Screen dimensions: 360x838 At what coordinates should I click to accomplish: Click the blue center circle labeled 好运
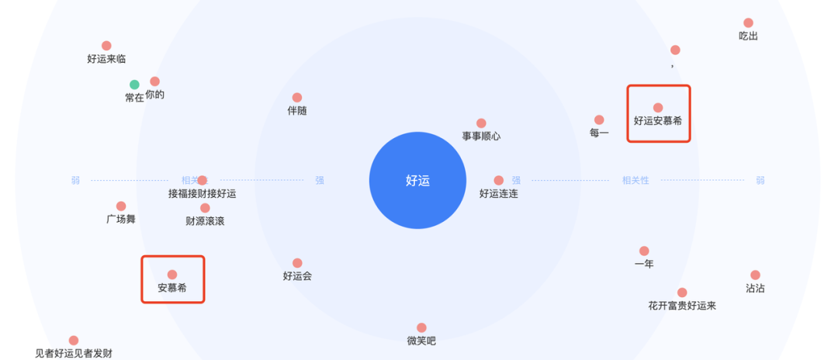coord(417,181)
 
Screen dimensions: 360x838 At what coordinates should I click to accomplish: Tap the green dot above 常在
coord(134,85)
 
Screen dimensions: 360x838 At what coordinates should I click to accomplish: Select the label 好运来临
coord(106,59)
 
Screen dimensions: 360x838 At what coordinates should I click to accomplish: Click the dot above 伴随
coord(297,98)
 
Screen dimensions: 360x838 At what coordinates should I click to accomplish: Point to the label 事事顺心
coord(481,137)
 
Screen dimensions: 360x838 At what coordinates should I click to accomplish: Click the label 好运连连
coord(498,194)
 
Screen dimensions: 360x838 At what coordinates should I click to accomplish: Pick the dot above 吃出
coord(748,23)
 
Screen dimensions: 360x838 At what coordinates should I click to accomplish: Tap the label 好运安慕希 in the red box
coord(658,121)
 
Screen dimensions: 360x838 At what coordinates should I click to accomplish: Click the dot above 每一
coord(599,120)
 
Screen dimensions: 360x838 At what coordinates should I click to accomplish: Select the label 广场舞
coord(121,220)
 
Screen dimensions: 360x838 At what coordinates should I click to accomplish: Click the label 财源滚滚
coord(205,221)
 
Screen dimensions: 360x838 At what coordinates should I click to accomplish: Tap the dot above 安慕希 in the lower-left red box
coord(172,275)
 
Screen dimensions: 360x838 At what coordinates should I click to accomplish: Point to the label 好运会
coord(297,276)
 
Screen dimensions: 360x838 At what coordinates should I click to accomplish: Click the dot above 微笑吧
coord(421,328)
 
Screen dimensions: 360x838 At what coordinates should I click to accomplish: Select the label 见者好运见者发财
coord(74,354)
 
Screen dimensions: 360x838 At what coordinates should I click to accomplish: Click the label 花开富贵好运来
coord(682,306)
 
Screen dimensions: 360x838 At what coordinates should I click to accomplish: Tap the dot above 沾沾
coord(755,275)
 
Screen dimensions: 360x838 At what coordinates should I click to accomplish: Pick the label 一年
coord(644,265)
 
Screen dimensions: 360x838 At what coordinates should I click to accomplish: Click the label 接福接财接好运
coord(202,194)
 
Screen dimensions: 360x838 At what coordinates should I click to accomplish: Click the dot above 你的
coord(155,81)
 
